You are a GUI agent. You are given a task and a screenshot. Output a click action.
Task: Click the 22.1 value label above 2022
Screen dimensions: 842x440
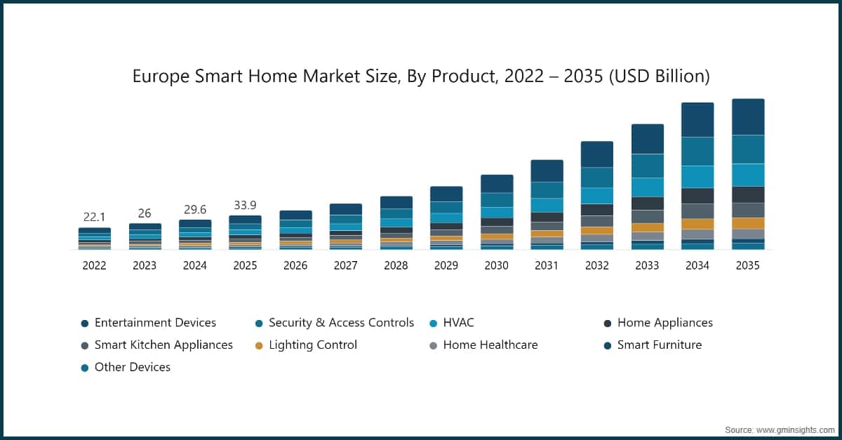click(94, 217)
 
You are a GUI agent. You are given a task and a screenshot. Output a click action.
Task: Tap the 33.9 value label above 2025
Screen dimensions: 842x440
click(245, 205)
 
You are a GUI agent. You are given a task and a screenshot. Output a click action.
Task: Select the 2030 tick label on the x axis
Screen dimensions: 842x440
click(496, 265)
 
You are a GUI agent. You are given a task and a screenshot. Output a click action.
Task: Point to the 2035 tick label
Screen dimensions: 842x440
click(748, 265)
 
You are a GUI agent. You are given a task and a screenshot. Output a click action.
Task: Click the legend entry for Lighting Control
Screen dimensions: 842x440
click(306, 345)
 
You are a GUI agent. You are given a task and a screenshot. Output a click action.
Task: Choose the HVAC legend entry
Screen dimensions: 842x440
click(452, 323)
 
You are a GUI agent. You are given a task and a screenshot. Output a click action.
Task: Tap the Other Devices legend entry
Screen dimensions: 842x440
click(126, 367)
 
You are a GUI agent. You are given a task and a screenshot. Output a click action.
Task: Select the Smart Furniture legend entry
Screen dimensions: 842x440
click(653, 345)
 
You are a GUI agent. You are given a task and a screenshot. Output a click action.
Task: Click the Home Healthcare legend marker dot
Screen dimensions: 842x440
click(434, 345)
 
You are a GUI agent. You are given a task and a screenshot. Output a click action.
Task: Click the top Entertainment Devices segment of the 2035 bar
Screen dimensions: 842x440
click(748, 117)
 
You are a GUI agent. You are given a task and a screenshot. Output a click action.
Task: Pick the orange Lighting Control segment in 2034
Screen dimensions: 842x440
click(697, 224)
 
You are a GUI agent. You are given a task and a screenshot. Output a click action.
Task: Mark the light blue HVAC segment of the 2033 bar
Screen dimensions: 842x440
click(648, 187)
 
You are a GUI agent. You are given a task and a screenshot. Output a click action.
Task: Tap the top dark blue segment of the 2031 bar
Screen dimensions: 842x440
click(547, 171)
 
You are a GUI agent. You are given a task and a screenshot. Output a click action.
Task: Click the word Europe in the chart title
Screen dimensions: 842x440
click(161, 76)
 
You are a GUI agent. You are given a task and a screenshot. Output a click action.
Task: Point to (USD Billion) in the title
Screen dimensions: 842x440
click(660, 76)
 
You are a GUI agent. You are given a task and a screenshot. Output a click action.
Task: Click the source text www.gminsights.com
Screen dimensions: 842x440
click(796, 430)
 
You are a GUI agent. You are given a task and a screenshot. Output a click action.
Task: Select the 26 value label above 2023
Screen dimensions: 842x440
click(145, 213)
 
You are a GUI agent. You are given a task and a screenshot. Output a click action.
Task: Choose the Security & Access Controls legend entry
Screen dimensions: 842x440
click(334, 323)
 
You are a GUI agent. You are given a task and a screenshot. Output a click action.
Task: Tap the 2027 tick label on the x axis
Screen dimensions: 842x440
click(345, 265)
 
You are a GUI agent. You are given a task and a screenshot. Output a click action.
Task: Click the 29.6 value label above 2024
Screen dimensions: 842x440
click(195, 209)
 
